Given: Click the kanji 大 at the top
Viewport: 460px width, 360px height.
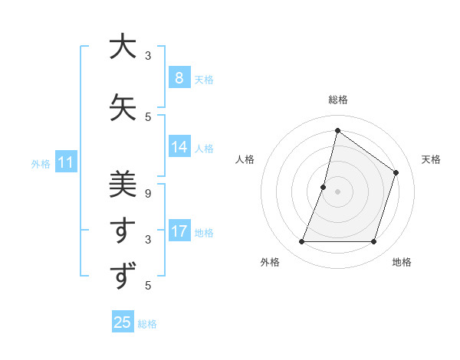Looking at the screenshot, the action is (x=123, y=47).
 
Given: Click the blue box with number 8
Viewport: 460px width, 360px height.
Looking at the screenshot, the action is (x=179, y=78).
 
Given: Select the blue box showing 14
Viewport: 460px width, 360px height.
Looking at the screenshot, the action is (x=179, y=147).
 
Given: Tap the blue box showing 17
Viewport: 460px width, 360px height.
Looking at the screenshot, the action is (x=179, y=231).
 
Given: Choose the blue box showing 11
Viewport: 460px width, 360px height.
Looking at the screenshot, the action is (x=66, y=162).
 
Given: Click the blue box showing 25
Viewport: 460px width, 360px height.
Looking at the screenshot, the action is (x=123, y=322).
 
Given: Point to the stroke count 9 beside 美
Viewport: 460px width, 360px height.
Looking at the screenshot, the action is (x=147, y=193).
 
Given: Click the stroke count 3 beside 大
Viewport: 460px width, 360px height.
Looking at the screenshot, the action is (x=147, y=56).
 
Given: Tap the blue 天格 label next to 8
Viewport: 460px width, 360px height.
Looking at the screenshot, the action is (x=204, y=79).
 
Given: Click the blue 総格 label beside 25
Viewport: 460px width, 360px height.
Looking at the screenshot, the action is (x=147, y=324).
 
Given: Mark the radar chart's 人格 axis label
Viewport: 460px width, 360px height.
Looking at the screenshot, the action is (x=245, y=159).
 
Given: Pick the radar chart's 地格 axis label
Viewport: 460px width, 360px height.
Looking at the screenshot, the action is (x=402, y=263).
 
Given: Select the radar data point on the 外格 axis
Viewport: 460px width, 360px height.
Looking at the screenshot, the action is (x=301, y=242).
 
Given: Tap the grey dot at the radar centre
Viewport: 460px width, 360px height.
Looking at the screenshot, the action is (x=337, y=191).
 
